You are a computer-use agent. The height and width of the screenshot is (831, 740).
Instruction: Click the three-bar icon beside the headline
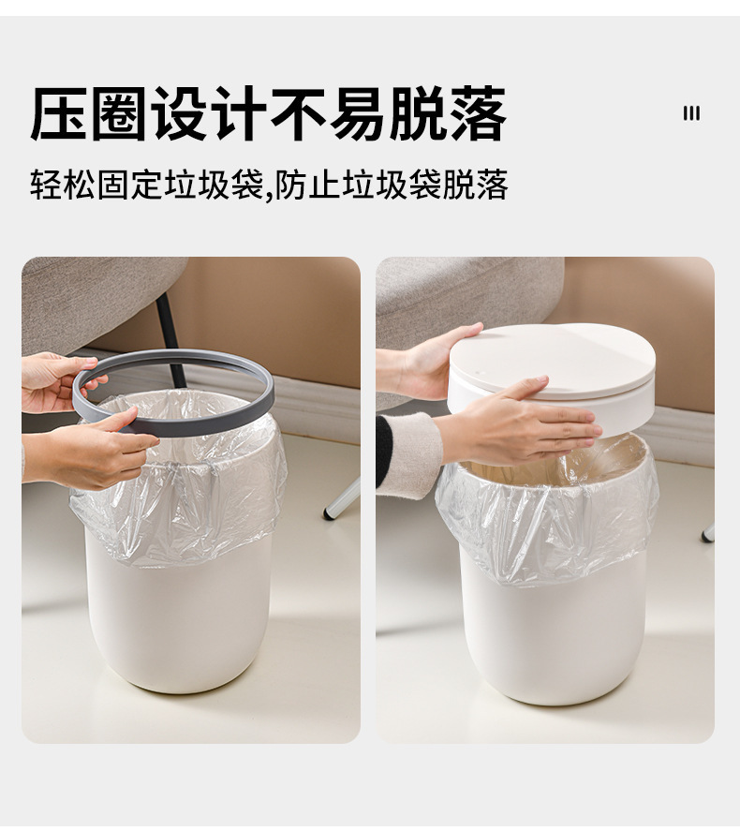[x=691, y=113]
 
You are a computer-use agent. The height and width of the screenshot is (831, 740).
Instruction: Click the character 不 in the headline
[x=298, y=114]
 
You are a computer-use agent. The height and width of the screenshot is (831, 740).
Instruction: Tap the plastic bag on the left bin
[x=178, y=506]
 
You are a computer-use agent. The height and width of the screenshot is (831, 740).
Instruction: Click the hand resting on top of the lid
[x=525, y=426]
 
